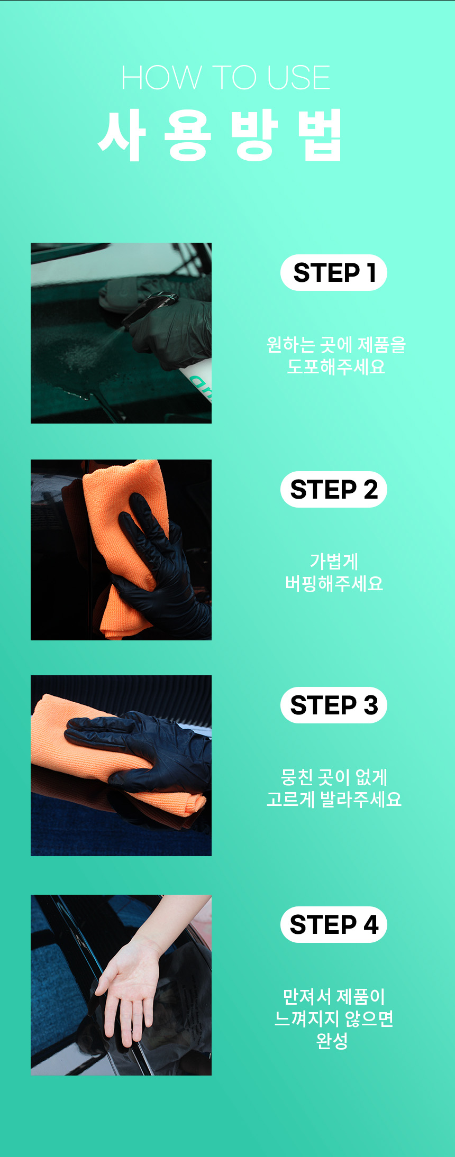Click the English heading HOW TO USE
(x=226, y=78)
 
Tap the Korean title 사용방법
(x=221, y=135)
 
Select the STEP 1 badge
(x=334, y=273)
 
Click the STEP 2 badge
(x=334, y=490)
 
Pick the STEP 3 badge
(x=334, y=705)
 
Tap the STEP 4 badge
(x=334, y=924)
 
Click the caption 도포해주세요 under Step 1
(x=336, y=366)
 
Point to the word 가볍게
(x=334, y=561)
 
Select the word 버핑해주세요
(x=334, y=583)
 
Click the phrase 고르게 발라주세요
(x=334, y=799)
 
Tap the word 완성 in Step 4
(x=332, y=1041)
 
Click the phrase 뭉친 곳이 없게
(x=334, y=777)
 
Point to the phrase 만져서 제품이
(x=334, y=997)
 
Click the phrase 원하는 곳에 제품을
(x=336, y=345)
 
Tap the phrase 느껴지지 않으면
(x=334, y=1018)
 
